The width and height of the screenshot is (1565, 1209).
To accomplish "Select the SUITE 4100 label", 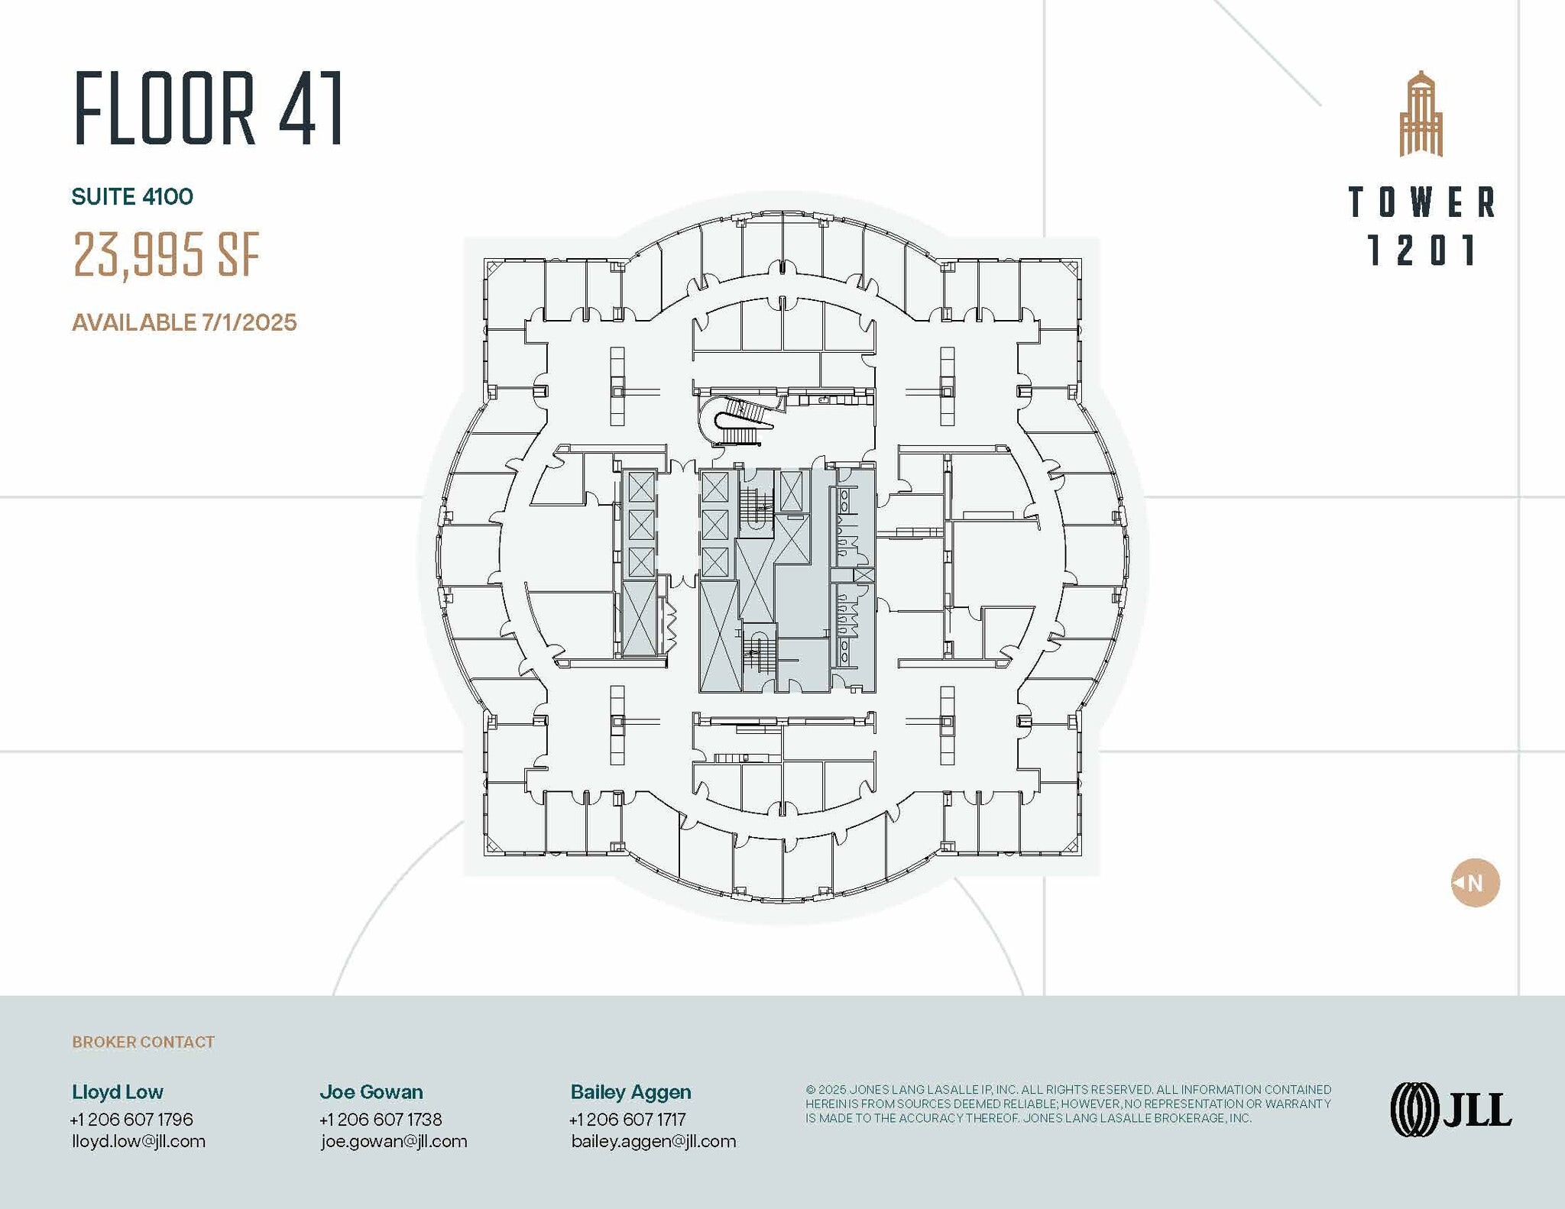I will (132, 197).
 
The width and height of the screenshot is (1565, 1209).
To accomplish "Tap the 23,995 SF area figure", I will (167, 254).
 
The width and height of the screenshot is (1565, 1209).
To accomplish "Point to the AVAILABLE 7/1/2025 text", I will (184, 322).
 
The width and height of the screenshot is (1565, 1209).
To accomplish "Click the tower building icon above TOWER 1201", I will (1421, 115).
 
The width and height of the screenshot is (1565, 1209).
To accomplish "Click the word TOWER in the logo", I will (1421, 202).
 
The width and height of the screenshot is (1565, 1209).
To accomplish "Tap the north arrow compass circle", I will (1475, 883).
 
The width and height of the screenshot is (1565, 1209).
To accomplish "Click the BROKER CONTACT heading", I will (143, 1042).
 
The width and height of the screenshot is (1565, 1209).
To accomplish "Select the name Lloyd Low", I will (118, 1091).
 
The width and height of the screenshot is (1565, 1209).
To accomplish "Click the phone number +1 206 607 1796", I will (131, 1119).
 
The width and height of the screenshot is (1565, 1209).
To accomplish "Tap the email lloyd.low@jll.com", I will (138, 1141).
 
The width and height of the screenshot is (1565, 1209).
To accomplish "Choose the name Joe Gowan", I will (371, 1091).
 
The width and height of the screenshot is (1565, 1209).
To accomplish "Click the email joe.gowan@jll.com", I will (394, 1141).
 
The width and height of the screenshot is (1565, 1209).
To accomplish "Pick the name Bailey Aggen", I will (630, 1091).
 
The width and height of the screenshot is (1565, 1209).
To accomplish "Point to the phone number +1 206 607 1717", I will (627, 1119).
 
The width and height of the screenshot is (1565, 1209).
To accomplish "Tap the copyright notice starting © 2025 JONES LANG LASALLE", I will (1068, 1104).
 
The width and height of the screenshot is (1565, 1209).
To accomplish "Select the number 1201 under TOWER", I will (1421, 251).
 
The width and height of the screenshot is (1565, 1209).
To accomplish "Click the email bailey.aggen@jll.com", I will (653, 1141).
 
